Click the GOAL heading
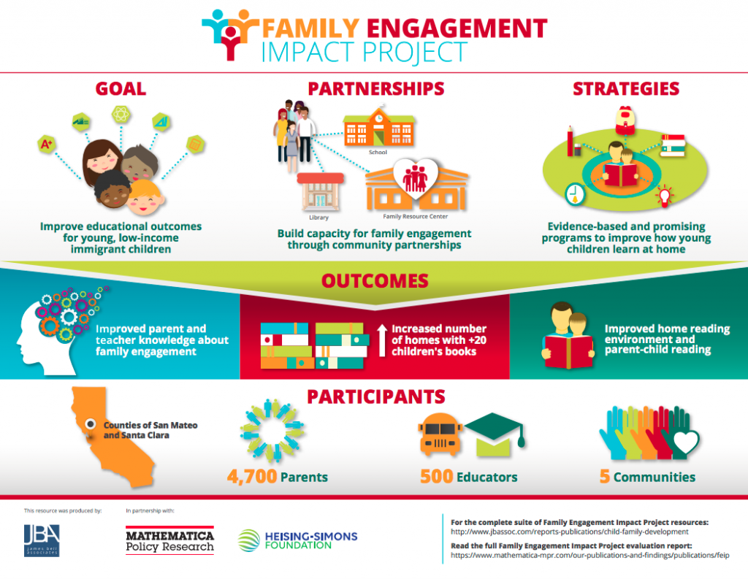[x=121, y=88]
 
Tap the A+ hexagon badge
[x=47, y=144]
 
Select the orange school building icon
[x=379, y=128]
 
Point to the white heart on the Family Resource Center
[x=416, y=177]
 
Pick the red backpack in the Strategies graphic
[x=625, y=120]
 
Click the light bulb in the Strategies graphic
[x=664, y=196]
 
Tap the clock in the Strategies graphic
[x=575, y=194]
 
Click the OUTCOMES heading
[x=375, y=281]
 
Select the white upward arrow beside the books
[x=381, y=340]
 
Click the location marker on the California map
[x=90, y=424]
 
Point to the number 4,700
[x=252, y=477]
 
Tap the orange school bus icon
[x=440, y=434]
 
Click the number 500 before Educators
[x=437, y=477]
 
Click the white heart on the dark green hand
[x=685, y=441]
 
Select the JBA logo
[x=42, y=540]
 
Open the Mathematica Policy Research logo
[x=169, y=540]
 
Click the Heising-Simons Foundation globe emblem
[x=249, y=540]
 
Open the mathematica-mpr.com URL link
[x=590, y=555]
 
